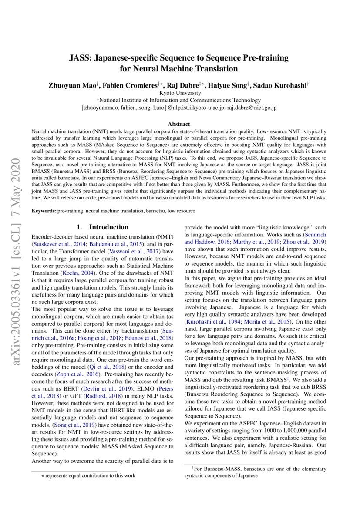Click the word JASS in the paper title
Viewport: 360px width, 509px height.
pyautogui.click(x=80, y=58)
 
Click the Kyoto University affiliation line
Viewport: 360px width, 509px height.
pyautogui.click(x=180, y=93)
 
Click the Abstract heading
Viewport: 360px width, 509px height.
pyautogui.click(x=180, y=124)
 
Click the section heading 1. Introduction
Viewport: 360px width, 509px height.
pyautogui.click(x=103, y=227)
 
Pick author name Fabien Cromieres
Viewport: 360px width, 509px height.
pyautogui.click(x=128, y=85)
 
